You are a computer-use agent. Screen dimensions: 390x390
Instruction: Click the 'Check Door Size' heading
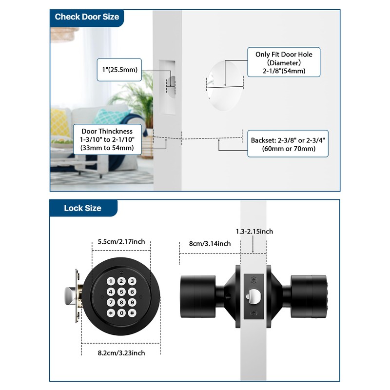[x=87, y=17]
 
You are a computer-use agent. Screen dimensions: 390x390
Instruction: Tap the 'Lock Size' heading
[x=82, y=208]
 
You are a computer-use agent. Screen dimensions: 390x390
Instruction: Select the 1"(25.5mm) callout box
[x=119, y=70]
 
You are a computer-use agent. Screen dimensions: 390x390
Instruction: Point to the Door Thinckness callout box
[x=107, y=139]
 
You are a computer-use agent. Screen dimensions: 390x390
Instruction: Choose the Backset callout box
[x=288, y=144]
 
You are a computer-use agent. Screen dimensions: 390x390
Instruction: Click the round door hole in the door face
[x=224, y=85]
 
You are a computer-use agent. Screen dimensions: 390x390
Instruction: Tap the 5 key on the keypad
[x=121, y=292]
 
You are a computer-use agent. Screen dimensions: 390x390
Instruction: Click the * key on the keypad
[x=111, y=313]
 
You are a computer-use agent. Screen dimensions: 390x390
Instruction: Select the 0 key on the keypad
[x=121, y=313]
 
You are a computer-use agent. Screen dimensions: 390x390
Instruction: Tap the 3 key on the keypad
[x=132, y=281]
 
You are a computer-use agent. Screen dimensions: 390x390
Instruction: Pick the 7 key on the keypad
[x=111, y=302]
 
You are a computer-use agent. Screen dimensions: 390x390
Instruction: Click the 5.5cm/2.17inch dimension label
[x=121, y=242]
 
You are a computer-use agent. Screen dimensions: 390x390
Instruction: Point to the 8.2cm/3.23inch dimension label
[x=121, y=353]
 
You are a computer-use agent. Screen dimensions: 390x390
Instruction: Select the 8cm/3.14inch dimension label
[x=210, y=244]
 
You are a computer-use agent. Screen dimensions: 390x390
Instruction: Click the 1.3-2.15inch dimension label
[x=254, y=232]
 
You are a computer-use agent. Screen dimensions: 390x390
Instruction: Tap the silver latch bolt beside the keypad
[x=70, y=296]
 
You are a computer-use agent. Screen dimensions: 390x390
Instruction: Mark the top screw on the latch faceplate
[x=253, y=280]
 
